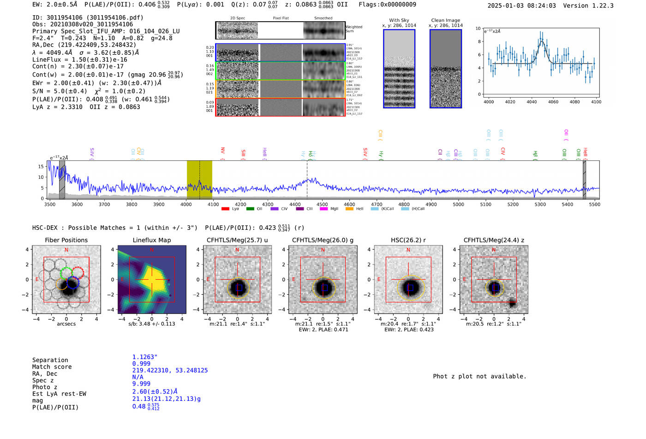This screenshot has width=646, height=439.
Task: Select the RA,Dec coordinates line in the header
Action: pos(84,45)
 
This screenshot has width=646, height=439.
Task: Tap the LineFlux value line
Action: pos(79,59)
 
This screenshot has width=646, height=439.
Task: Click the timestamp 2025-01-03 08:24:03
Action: pos(521,6)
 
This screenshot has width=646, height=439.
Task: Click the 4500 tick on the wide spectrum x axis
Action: pos(322,204)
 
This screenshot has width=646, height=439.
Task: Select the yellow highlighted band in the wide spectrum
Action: pos(199,180)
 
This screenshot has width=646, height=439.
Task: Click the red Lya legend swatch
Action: pos(225,209)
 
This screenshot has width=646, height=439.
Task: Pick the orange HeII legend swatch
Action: pos(349,209)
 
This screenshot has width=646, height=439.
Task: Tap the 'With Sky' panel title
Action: pos(399,20)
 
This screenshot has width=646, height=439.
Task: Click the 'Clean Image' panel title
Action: pos(446,20)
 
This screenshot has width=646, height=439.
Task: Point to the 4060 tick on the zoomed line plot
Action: pos(553,102)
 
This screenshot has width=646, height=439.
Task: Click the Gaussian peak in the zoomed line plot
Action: pos(542,41)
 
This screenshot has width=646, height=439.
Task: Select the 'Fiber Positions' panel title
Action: pos(66,240)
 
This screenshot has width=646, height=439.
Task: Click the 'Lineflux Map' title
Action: pos(151,240)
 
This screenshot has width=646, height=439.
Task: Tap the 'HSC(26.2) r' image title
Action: pos(408,240)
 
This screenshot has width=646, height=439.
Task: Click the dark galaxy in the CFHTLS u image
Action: pos(239,287)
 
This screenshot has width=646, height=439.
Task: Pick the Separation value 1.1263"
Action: pos(145,357)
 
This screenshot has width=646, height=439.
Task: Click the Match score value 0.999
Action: pos(141,363)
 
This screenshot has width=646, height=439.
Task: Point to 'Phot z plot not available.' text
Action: pos(479,376)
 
